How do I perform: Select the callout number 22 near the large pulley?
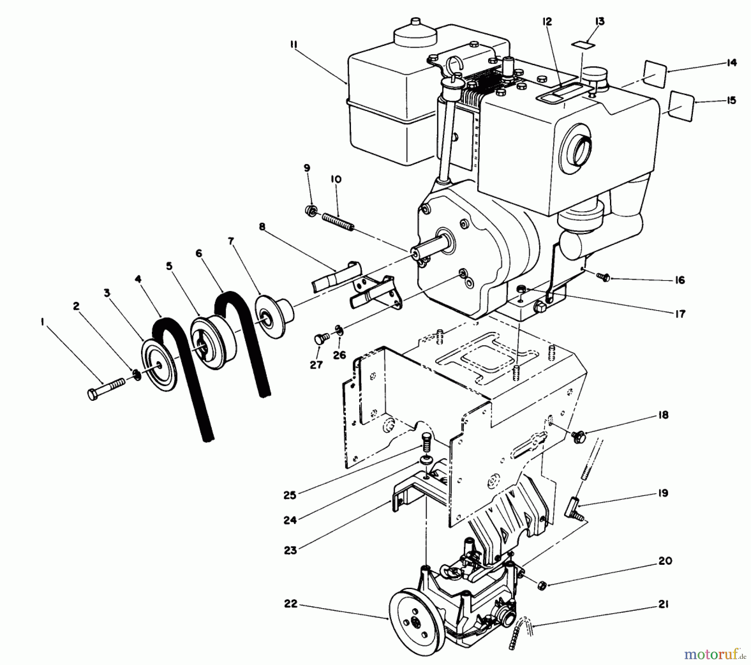291,604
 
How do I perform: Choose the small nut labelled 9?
310,210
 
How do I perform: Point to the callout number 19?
663,493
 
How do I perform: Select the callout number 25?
290,495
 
